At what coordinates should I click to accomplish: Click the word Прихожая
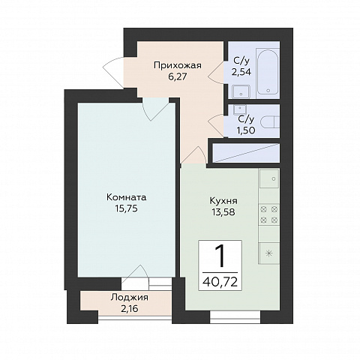(178, 65)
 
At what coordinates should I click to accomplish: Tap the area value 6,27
(178, 76)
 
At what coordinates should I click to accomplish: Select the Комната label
(127, 197)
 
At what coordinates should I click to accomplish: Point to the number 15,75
(127, 208)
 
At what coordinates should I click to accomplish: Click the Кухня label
(223, 201)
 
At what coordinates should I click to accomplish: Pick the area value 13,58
(223, 212)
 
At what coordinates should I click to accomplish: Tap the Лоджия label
(130, 298)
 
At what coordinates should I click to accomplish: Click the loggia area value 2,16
(130, 309)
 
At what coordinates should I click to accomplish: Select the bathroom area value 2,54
(241, 72)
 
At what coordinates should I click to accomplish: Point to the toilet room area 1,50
(246, 130)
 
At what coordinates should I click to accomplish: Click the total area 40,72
(220, 282)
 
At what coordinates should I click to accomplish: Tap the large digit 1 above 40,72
(220, 256)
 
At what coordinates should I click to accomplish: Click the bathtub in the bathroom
(268, 72)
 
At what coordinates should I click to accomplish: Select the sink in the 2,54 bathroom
(241, 91)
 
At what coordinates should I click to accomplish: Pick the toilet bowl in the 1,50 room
(270, 122)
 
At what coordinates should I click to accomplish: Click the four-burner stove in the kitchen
(269, 214)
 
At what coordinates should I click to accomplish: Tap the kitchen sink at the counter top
(269, 178)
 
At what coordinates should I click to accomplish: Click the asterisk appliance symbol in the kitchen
(269, 253)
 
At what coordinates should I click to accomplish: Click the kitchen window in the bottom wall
(235, 316)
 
